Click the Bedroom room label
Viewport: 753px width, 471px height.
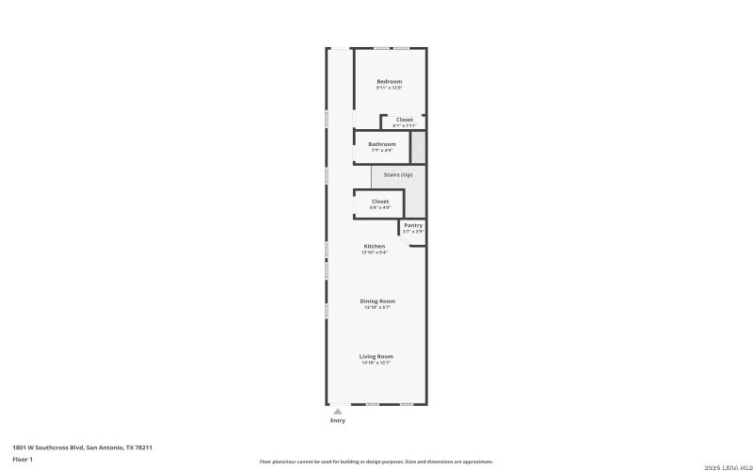(389, 82)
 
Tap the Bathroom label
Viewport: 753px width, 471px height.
(382, 144)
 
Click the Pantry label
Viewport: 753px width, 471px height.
(413, 225)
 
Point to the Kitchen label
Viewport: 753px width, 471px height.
(375, 246)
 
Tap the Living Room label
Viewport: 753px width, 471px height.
(376, 356)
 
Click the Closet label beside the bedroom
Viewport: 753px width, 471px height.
(404, 120)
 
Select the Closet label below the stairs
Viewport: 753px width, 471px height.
(379, 201)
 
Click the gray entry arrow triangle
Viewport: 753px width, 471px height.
(337, 411)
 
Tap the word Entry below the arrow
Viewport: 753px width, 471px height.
(337, 421)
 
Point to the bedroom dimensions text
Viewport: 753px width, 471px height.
(389, 89)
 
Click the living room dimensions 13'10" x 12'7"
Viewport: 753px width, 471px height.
(376, 363)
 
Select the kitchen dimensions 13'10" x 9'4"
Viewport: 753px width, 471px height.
(375, 252)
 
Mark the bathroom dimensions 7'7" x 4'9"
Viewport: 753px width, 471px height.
(382, 151)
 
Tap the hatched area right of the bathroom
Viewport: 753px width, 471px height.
(419, 148)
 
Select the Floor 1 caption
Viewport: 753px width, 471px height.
(23, 459)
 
